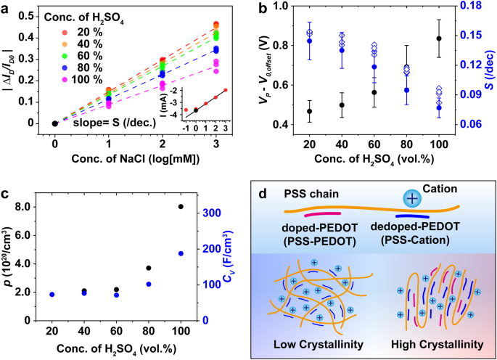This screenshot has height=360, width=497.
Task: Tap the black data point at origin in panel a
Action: (55, 123)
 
